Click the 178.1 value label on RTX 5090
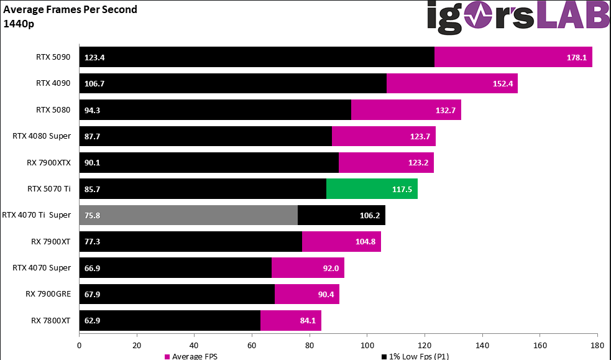575,57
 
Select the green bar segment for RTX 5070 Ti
372,188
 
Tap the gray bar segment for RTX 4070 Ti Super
188,215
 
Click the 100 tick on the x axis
367,344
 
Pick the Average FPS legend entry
191,356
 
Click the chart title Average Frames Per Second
70,9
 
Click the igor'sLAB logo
518,16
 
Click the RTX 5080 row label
53,110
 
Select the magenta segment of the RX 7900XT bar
341,241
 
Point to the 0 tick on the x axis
79,344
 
